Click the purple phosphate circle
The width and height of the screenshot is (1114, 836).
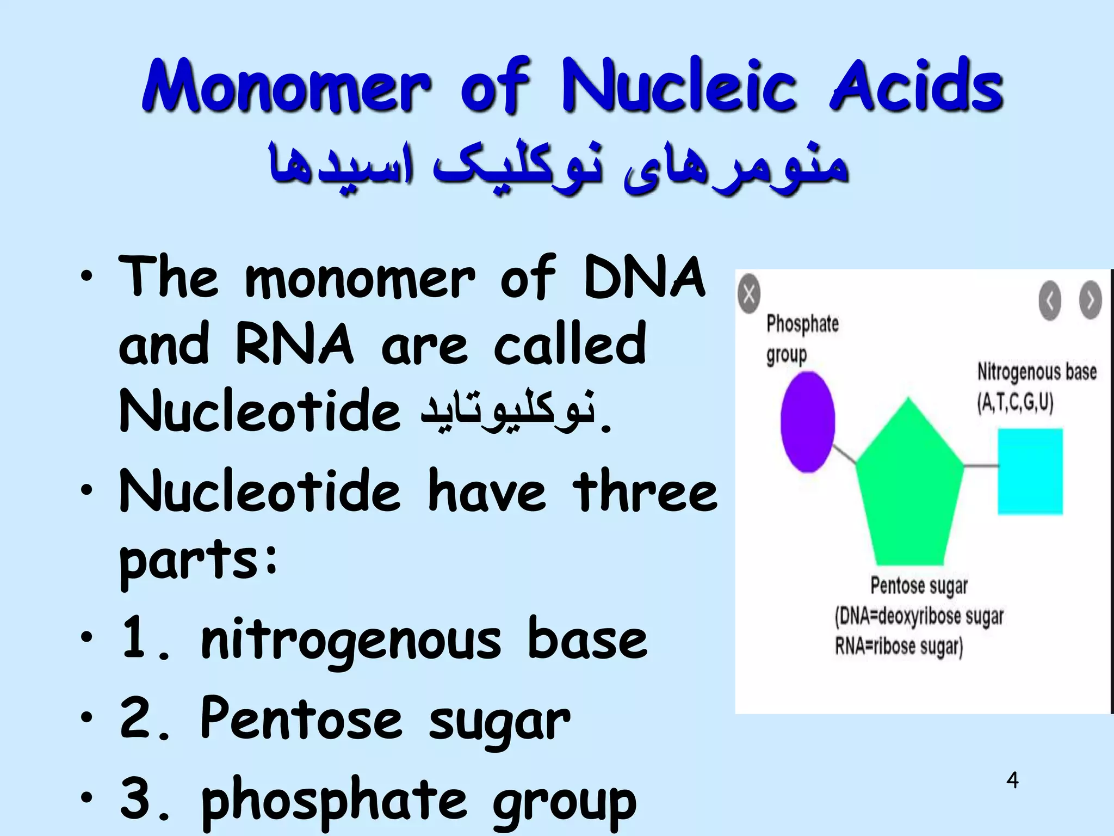tap(807, 421)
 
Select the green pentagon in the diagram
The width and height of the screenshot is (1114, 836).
tap(909, 490)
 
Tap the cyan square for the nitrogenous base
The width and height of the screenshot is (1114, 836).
tap(1030, 471)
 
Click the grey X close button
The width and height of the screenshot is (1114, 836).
tap(749, 294)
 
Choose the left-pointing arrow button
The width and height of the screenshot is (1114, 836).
tap(1050, 300)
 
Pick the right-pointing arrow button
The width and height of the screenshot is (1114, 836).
tap(1090, 300)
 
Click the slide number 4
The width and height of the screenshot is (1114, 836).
tap(1012, 780)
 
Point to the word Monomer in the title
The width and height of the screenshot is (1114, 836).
tap(287, 87)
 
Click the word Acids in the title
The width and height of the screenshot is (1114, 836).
tap(916, 87)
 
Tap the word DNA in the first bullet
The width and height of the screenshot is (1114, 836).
tap(644, 279)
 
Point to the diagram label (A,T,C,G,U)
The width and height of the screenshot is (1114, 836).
tap(1015, 403)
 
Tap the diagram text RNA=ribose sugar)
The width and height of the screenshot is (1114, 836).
tap(899, 647)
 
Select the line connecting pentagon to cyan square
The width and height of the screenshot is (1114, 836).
tap(980, 465)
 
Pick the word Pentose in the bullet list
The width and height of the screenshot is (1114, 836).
tap(301, 720)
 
